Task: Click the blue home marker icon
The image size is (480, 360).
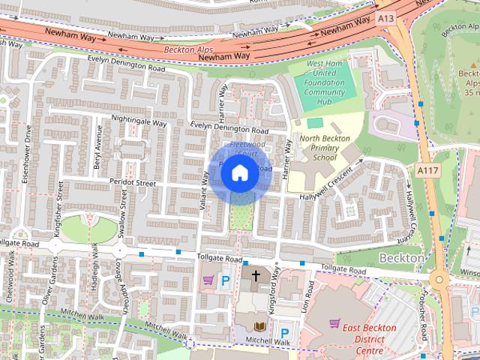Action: [x=238, y=173]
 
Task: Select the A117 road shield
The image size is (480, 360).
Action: [x=427, y=172]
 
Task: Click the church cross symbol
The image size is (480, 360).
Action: [x=256, y=277]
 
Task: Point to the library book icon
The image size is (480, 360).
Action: [x=259, y=326]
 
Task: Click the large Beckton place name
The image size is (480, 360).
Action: [x=402, y=257]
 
